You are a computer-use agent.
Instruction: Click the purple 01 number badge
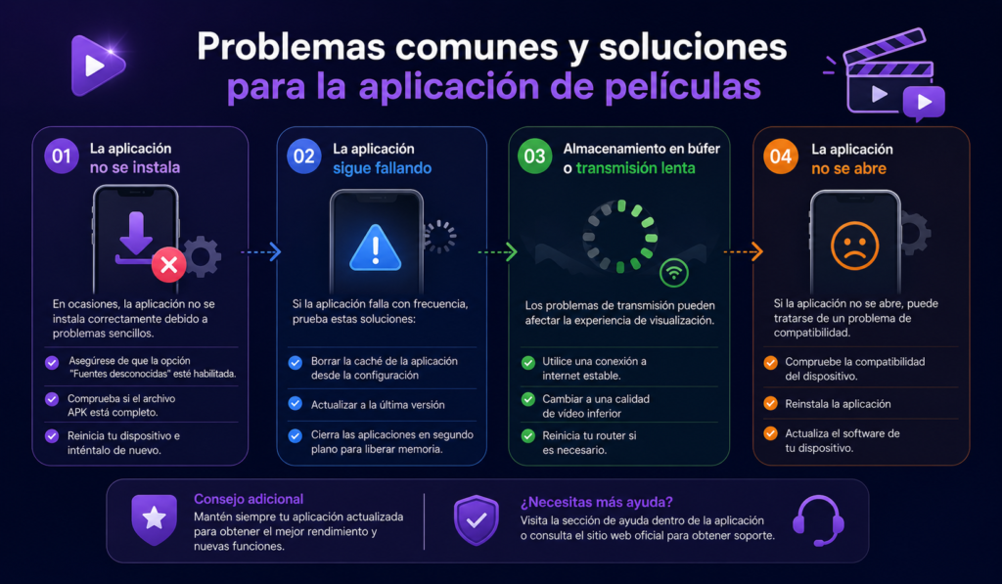[x=62, y=156]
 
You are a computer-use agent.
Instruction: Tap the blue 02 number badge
[x=304, y=156]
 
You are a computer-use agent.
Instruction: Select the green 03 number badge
[x=535, y=156]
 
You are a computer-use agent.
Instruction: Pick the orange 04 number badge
[x=781, y=157]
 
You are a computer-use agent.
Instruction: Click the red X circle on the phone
[x=168, y=264]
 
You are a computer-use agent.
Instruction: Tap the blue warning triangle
[x=376, y=247]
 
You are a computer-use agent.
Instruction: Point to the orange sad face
[x=855, y=246]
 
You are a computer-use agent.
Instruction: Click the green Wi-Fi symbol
[x=674, y=273]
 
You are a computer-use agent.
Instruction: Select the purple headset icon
[x=819, y=520]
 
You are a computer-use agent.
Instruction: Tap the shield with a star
[x=154, y=518]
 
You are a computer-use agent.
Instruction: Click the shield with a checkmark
[x=477, y=520]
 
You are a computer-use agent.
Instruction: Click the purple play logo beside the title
[x=98, y=66]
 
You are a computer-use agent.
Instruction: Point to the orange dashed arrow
[x=744, y=251]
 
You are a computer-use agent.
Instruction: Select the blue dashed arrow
[x=260, y=251]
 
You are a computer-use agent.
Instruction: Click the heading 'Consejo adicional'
[x=249, y=499]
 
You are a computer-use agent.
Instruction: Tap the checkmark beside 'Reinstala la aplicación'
[x=771, y=403]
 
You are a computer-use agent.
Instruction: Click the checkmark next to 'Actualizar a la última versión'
[x=296, y=403]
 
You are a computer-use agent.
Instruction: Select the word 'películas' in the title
[x=683, y=87]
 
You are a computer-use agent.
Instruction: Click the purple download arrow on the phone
[x=135, y=238]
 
